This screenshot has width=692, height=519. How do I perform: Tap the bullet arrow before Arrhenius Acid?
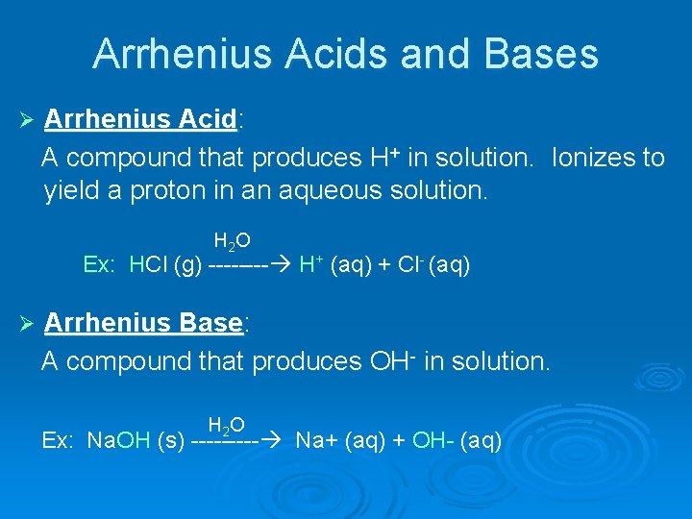[26, 119]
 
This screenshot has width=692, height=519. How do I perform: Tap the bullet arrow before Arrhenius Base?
[26, 324]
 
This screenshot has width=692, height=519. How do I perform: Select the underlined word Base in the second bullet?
[210, 324]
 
